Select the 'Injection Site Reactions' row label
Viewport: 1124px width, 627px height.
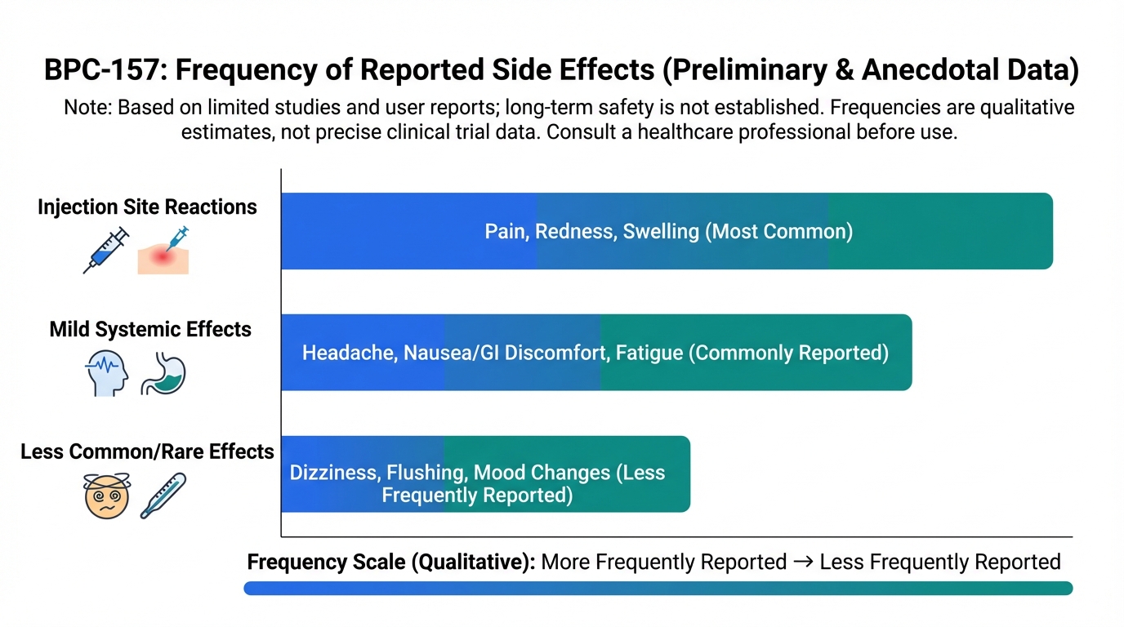tap(147, 207)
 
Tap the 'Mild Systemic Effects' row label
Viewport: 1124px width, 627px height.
tap(150, 329)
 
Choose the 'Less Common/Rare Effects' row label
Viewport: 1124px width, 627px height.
tap(147, 451)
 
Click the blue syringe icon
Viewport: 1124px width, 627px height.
tap(106, 250)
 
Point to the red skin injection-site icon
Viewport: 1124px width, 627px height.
tap(163, 251)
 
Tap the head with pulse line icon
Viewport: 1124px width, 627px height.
tap(106, 373)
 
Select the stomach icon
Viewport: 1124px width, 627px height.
tap(163, 373)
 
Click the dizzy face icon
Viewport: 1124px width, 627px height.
tap(107, 496)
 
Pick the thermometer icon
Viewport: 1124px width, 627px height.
tap(163, 496)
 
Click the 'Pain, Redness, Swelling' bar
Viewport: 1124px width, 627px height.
tap(667, 231)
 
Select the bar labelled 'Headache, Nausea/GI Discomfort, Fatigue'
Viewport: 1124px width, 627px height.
tap(596, 353)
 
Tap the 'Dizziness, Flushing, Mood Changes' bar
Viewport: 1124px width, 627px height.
tap(486, 474)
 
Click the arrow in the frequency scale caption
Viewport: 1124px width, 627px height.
tap(803, 562)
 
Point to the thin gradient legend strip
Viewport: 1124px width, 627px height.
tap(658, 589)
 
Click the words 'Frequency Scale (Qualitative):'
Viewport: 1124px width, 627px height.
tap(391, 562)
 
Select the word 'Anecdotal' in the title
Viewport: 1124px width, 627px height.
tap(925, 69)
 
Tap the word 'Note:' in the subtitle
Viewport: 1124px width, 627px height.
tap(88, 107)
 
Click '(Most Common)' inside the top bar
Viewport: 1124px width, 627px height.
tap(778, 231)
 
